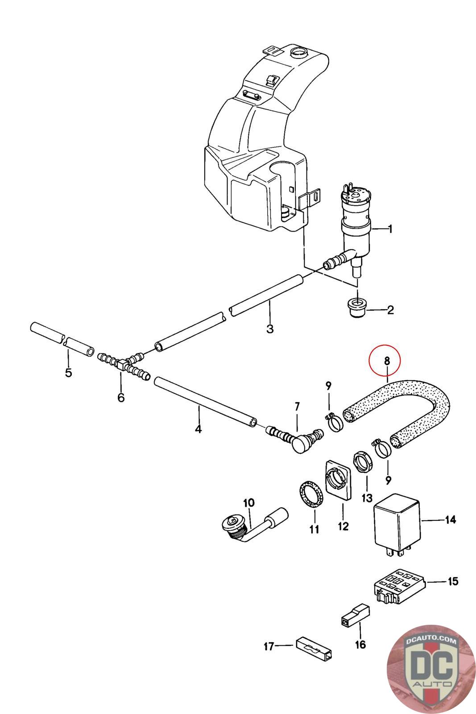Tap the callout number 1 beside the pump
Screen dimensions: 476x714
[x=389, y=229]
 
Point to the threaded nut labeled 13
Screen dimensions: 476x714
[x=362, y=461]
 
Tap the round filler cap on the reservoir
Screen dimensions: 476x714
[x=298, y=52]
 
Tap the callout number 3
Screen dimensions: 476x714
[x=270, y=328]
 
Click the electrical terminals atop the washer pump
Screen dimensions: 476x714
[x=348, y=189]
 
